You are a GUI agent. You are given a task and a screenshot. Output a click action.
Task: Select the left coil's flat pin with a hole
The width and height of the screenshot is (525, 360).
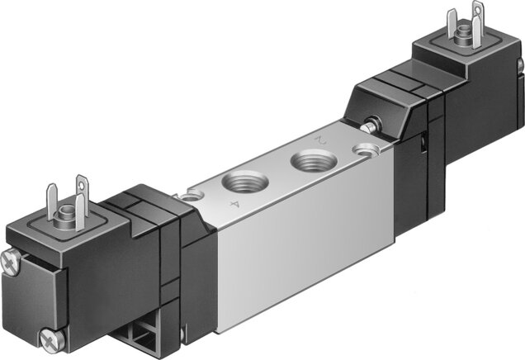81,193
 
